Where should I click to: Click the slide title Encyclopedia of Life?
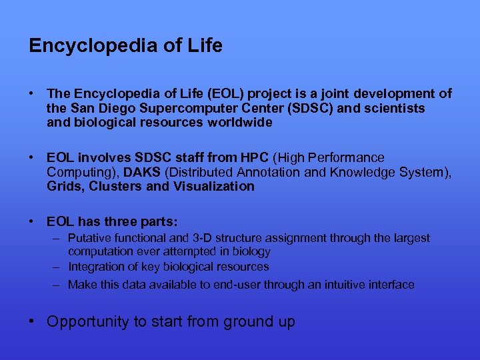(125, 46)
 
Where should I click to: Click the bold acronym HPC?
(253, 158)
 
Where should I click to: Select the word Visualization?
(213, 186)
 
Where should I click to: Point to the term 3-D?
(201, 238)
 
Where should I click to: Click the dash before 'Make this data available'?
(58, 285)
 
